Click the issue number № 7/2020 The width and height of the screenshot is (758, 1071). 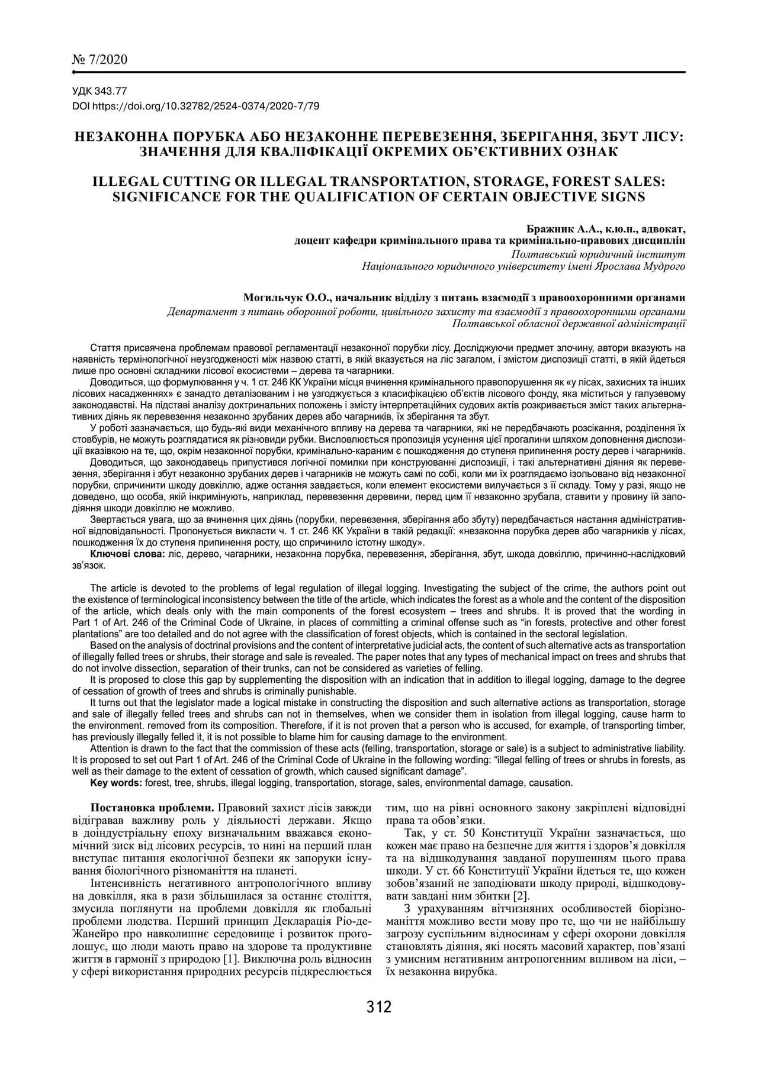pyautogui.click(x=99, y=60)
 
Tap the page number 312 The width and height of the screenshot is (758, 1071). pyautogui.click(x=379, y=1007)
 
